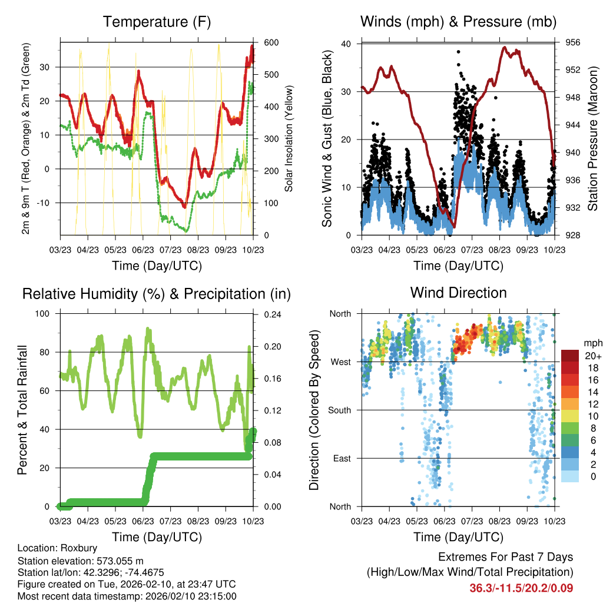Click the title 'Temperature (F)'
point(157,22)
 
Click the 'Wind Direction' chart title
point(458,292)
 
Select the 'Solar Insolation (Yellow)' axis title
point(289,139)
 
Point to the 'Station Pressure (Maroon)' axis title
point(592,139)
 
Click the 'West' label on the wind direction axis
point(340,362)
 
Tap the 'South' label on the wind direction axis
point(339,410)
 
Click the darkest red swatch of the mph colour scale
point(569,356)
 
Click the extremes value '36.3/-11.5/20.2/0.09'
point(521,588)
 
